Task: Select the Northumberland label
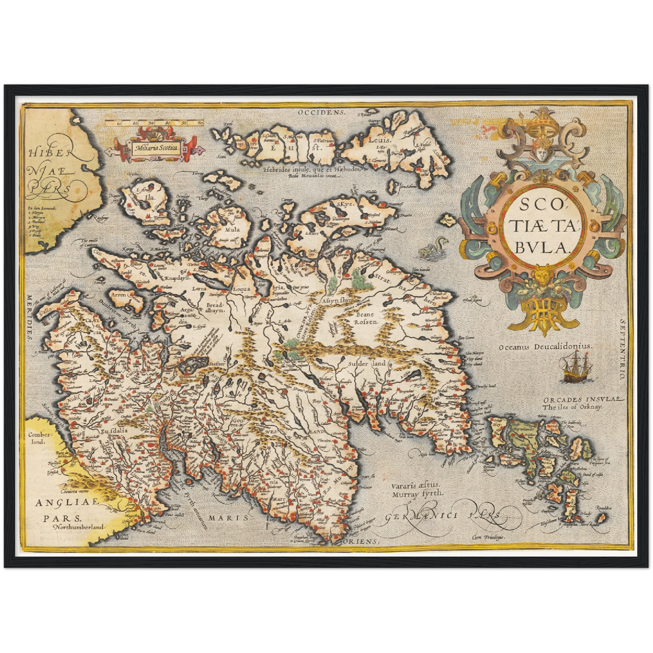coord(79,526)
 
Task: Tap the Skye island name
coord(344,204)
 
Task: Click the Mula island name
coord(232,229)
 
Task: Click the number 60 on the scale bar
coord(200,123)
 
